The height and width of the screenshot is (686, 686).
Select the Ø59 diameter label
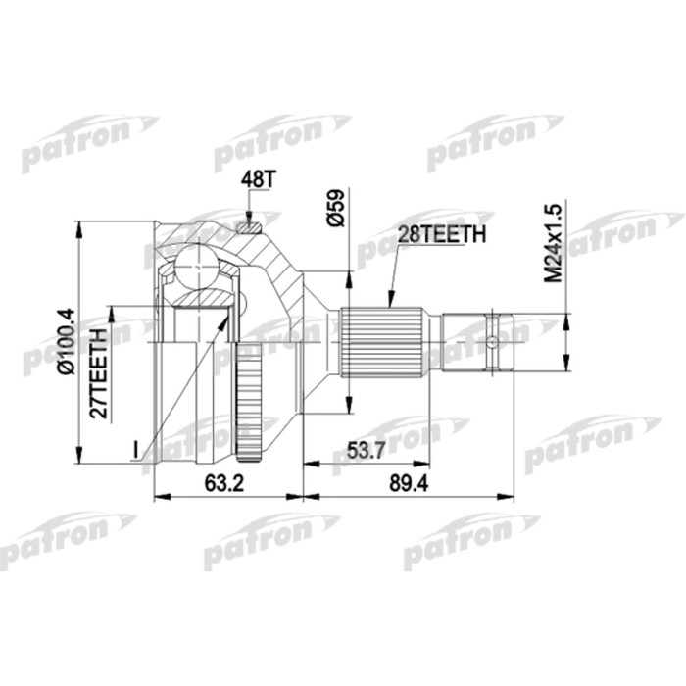coord(335,209)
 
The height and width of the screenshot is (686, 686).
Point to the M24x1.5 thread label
coord(554,244)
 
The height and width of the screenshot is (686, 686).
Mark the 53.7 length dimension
coord(366,450)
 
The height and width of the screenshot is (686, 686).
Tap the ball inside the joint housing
coord(196,266)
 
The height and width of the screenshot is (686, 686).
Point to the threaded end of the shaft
coord(477,342)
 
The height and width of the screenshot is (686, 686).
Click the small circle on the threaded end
coord(492,342)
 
